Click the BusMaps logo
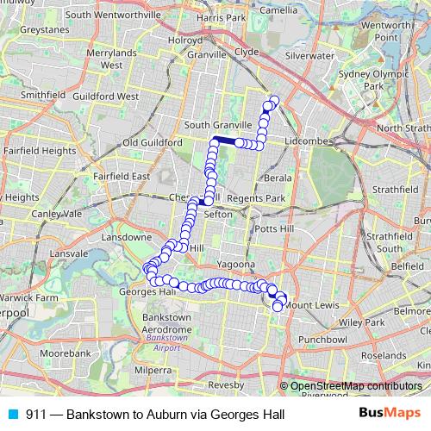(384, 414)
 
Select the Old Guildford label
(153, 141)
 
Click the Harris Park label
(221, 17)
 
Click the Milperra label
(153, 370)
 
